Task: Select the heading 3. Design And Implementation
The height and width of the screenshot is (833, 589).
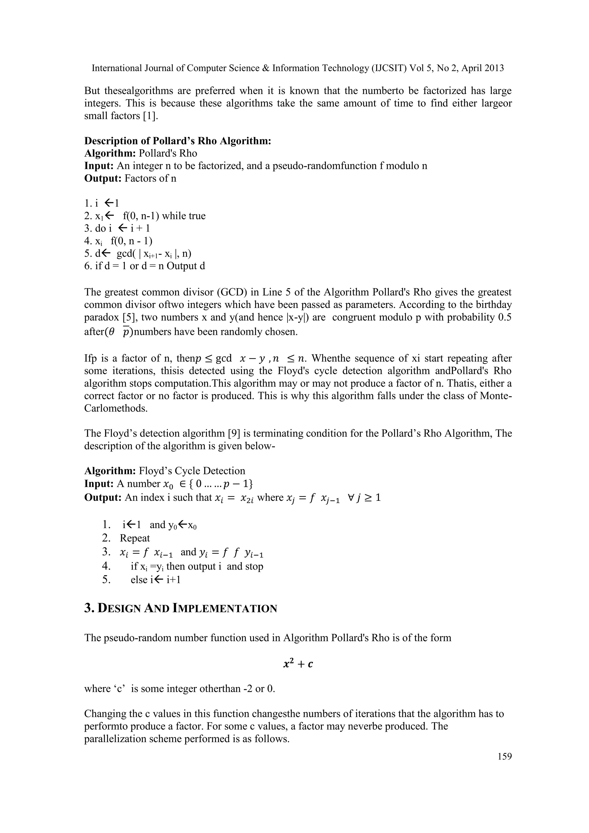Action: pyautogui.click(x=181, y=608)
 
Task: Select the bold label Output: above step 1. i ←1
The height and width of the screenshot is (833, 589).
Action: pyautogui.click(x=103, y=179)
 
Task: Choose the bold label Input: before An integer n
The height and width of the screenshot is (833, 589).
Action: pyautogui.click(x=99, y=166)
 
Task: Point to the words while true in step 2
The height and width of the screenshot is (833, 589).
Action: pyautogui.click(x=183, y=216)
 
